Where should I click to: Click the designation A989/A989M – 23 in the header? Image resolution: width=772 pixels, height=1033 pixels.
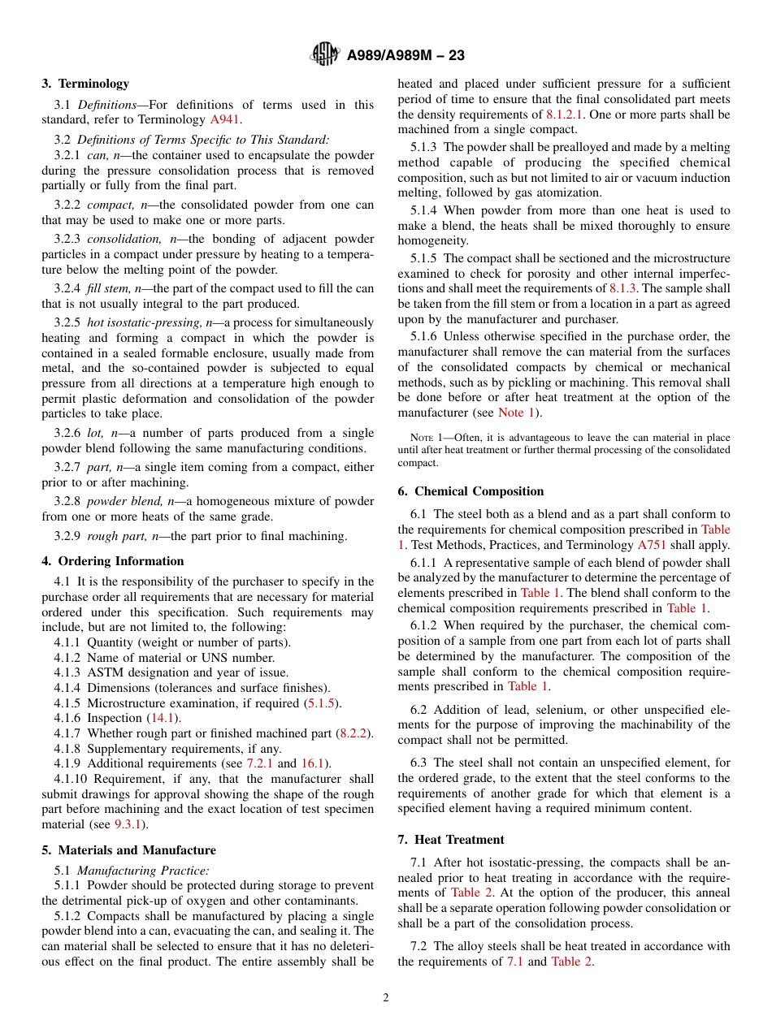[x=405, y=56]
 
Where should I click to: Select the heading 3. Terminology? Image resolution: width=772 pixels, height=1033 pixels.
[x=85, y=84]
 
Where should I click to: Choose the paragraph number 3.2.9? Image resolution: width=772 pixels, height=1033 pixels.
[x=67, y=536]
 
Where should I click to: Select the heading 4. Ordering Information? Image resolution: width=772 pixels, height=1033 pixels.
[x=113, y=561]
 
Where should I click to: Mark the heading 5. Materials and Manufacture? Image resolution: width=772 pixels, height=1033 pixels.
[x=128, y=850]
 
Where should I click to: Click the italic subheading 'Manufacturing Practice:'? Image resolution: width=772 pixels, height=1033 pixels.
[x=144, y=870]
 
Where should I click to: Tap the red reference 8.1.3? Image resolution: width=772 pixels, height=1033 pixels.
[x=623, y=288]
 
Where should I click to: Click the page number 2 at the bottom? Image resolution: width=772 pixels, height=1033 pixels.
[x=386, y=998]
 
